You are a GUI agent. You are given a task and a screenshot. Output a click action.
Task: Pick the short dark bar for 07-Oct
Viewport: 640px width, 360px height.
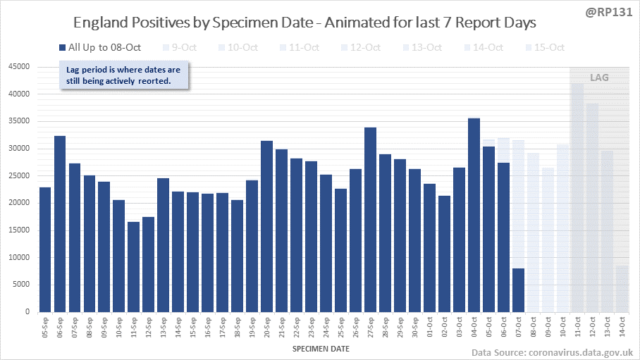(x=519, y=290)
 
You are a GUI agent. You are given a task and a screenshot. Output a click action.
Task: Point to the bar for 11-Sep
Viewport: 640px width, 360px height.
(x=134, y=267)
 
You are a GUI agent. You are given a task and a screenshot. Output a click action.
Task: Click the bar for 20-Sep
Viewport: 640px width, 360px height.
(x=267, y=226)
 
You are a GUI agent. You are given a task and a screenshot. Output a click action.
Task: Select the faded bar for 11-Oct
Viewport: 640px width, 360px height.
(x=577, y=198)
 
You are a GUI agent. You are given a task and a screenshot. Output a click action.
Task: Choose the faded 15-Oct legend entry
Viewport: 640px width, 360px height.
(x=546, y=48)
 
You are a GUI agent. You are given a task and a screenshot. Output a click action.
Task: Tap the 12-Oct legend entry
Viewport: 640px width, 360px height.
(x=363, y=48)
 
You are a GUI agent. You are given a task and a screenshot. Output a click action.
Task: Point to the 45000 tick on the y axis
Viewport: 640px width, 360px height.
(x=19, y=67)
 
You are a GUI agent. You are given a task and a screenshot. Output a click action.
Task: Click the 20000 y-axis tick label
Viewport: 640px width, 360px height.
(x=19, y=203)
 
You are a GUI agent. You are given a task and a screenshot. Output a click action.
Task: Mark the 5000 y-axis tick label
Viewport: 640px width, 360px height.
(x=21, y=285)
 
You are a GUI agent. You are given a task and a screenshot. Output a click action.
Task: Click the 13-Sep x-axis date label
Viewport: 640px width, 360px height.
(x=164, y=325)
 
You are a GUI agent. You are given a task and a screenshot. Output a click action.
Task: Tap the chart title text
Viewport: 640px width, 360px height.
(x=304, y=23)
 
